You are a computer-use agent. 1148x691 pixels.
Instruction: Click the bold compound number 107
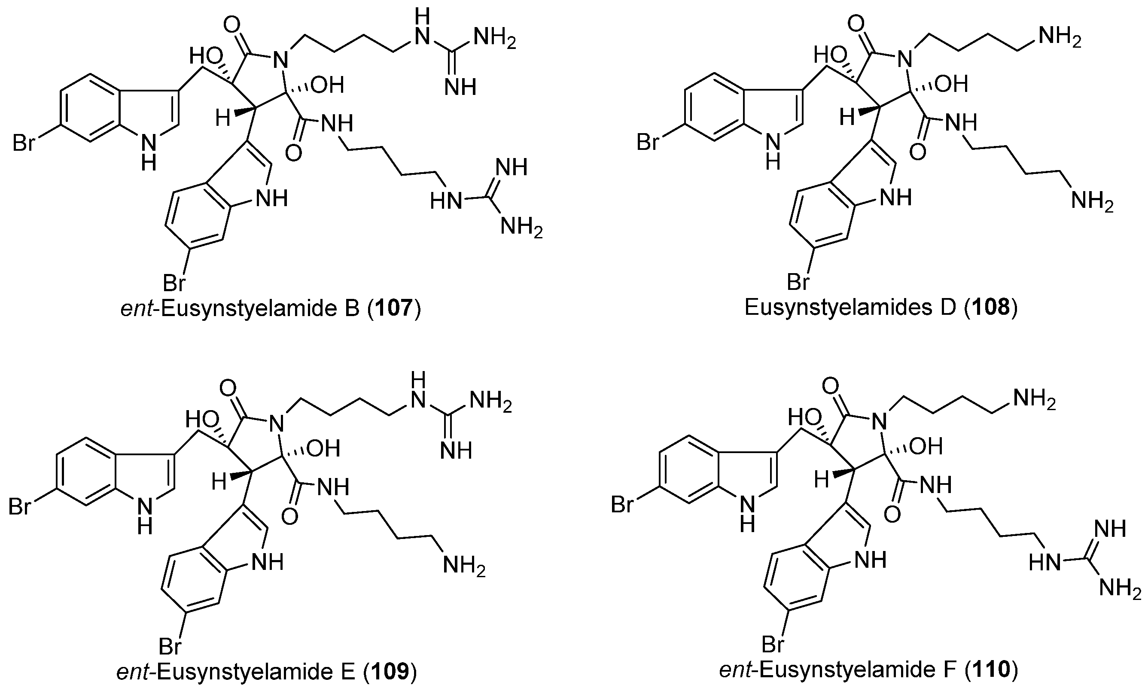(394, 308)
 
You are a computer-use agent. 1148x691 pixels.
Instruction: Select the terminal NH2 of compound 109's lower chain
(464, 565)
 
